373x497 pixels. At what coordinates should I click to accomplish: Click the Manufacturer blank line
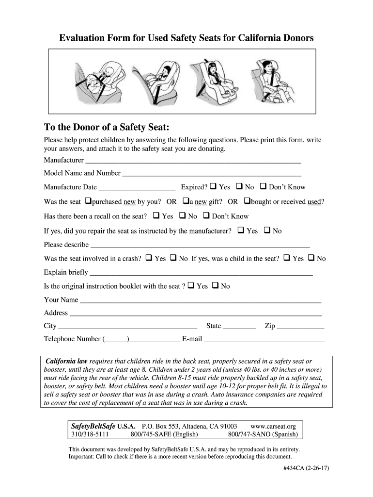[193, 160]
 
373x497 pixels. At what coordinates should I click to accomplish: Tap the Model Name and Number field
[212, 173]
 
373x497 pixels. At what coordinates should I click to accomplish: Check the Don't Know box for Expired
[264, 186]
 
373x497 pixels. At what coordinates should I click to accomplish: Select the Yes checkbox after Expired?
[213, 186]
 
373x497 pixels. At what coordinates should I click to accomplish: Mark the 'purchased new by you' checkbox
[88, 201]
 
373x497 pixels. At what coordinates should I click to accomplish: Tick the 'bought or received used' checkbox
[247, 201]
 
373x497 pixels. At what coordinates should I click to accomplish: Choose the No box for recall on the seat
[183, 215]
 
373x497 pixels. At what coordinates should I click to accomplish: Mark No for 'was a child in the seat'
[311, 258]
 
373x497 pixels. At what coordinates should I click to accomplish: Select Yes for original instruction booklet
[191, 285]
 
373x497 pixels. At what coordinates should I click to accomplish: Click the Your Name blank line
[201, 300]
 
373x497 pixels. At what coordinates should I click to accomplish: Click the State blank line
[239, 327]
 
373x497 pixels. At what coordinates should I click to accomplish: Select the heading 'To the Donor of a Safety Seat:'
[107, 128]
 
